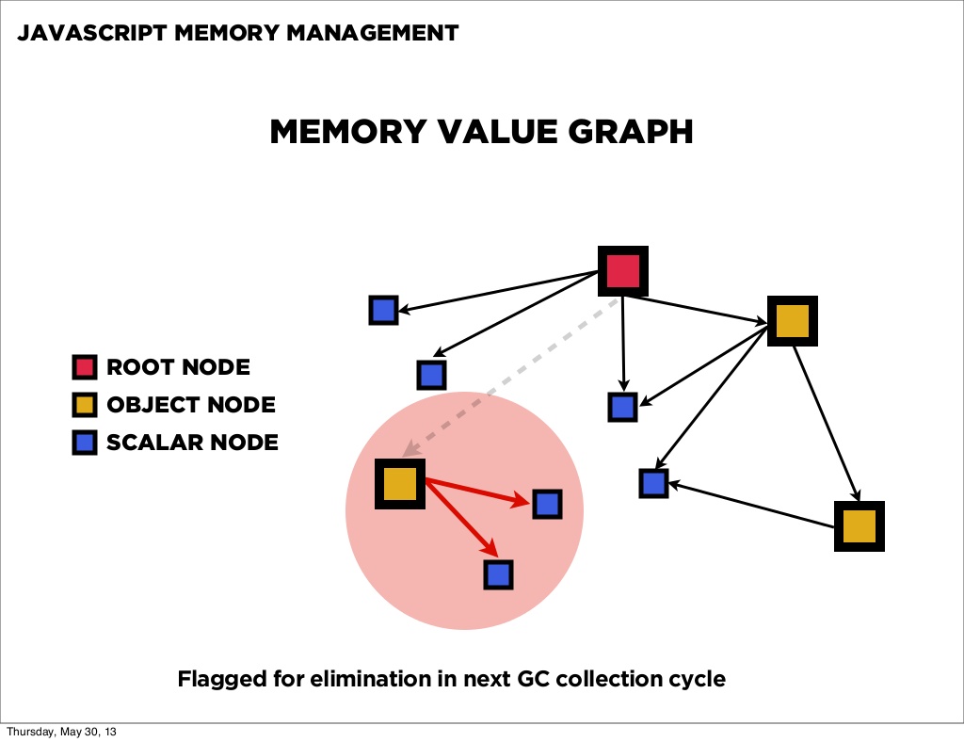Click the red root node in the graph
[x=623, y=271]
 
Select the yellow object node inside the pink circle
[x=400, y=484]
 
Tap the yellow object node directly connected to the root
[x=793, y=321]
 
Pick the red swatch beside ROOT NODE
[x=84, y=366]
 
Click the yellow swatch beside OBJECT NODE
[x=84, y=405]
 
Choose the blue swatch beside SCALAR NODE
[x=84, y=443]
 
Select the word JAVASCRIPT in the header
[x=91, y=33]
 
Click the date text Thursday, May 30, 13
[x=61, y=732]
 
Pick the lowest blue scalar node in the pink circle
[x=498, y=574]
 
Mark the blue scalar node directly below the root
[x=622, y=407]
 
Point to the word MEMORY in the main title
[x=348, y=132]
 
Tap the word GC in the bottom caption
[x=533, y=679]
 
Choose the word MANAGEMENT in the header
[x=373, y=33]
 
